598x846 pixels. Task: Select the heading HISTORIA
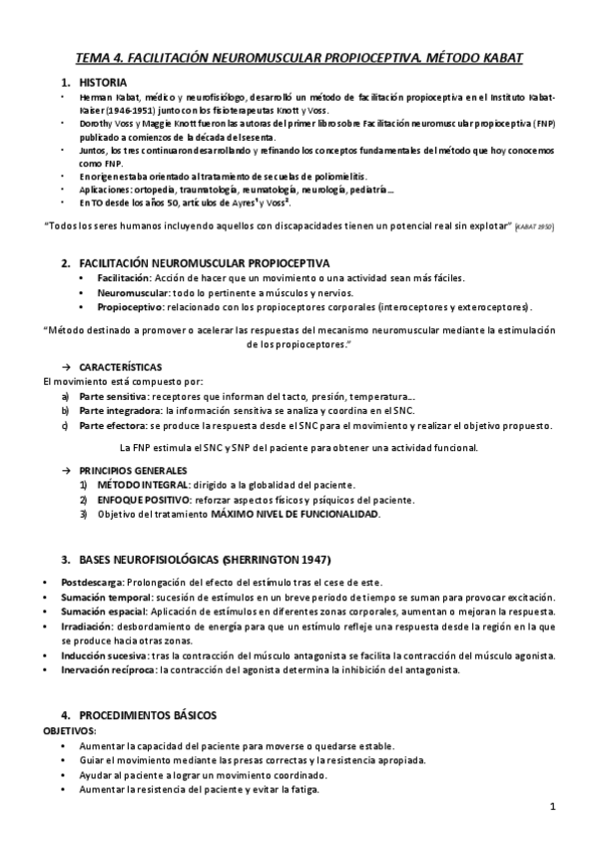point(103,83)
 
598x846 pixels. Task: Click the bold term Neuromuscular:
point(132,292)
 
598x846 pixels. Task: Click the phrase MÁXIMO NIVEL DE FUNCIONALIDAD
point(294,514)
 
